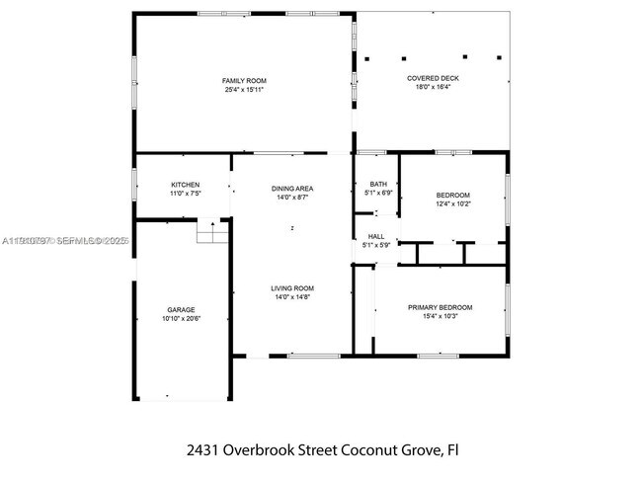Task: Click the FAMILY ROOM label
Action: coord(244,81)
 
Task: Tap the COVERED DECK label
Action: coord(433,78)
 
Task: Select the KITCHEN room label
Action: coord(186,185)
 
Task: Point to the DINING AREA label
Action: coord(292,188)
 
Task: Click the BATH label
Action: coord(378,184)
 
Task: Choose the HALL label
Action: coord(376,236)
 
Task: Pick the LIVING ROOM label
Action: coord(292,287)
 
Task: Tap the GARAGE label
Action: coord(180,309)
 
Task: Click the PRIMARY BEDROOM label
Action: coord(440,307)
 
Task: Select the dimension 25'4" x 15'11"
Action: coord(244,90)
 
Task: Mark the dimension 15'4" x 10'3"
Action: coord(440,316)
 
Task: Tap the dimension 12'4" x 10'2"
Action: coord(453,203)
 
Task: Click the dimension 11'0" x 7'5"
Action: coord(186,194)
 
